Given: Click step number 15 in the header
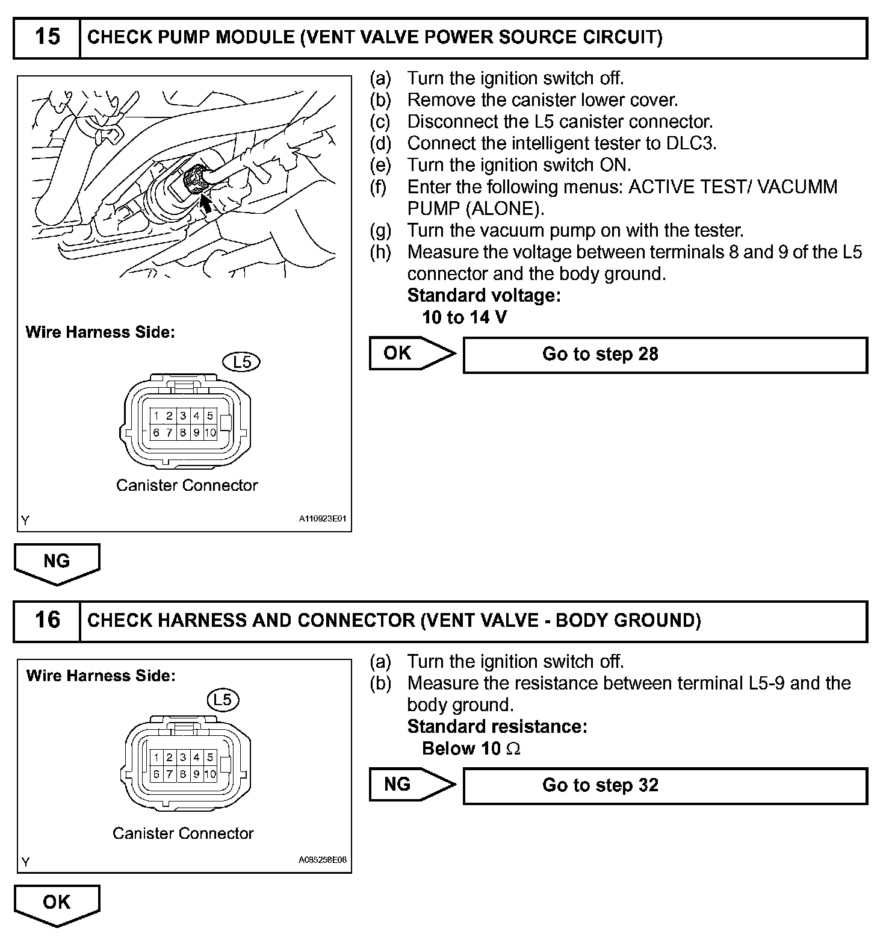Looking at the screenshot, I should click(x=47, y=37).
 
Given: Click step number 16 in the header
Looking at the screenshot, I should click(x=47, y=620).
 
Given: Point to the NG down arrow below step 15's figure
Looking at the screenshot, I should click(x=57, y=562).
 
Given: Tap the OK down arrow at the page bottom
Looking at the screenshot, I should click(x=57, y=903).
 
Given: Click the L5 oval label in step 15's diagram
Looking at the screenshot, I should click(x=241, y=362).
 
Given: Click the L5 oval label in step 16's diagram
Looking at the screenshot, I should click(x=223, y=699).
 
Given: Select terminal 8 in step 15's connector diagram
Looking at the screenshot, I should click(x=183, y=432).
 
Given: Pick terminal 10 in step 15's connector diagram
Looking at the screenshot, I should click(x=210, y=432).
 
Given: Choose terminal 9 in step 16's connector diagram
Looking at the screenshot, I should click(x=196, y=774).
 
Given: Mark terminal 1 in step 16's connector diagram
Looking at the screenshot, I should click(x=156, y=758).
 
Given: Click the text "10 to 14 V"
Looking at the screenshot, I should click(x=464, y=317).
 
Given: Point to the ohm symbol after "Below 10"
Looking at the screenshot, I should click(x=513, y=749).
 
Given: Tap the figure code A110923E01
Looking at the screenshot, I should click(x=323, y=518).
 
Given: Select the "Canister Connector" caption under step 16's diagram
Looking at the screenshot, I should click(x=183, y=833).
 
